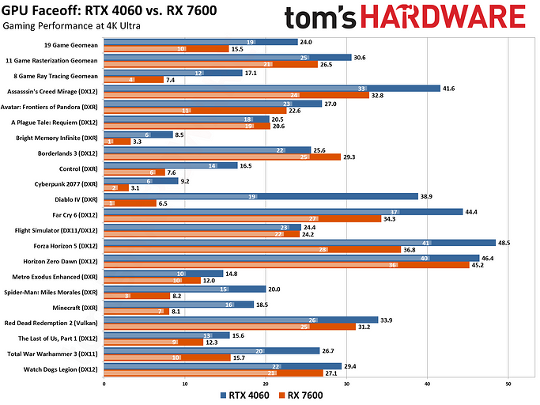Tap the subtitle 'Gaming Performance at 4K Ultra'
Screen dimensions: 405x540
point(66,26)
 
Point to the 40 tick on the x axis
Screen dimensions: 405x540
point(428,384)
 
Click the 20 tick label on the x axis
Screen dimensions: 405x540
point(266,384)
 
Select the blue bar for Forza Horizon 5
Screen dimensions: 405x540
point(300,242)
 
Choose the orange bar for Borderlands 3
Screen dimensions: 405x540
point(206,157)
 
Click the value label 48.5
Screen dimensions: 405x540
point(506,242)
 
